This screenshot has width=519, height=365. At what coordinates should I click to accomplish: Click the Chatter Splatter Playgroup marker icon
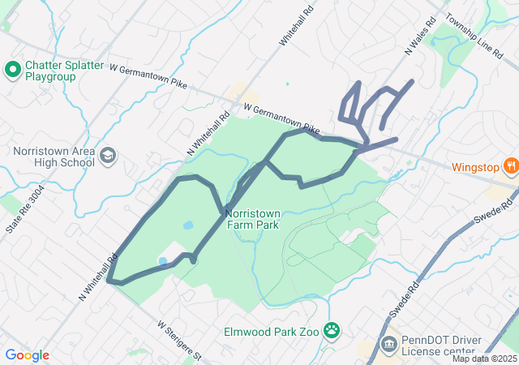tap(12, 70)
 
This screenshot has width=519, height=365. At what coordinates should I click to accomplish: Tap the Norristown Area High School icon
tap(108, 154)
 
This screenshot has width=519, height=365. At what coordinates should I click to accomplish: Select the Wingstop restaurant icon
tap(510, 167)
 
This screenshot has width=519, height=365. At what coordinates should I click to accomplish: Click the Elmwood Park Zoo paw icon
tap(331, 330)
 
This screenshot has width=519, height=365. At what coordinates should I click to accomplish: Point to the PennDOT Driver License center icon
tap(388, 345)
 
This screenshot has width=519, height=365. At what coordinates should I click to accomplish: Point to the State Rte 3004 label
tap(25, 209)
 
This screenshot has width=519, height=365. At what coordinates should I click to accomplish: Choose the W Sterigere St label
tap(178, 340)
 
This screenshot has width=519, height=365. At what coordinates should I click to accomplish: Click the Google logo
tap(27, 354)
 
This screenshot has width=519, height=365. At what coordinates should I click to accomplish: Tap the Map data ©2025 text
tap(484, 359)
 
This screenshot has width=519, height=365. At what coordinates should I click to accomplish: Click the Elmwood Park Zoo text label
tap(272, 331)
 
